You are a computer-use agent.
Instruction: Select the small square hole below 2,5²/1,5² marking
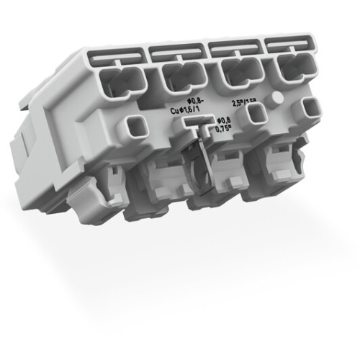256,114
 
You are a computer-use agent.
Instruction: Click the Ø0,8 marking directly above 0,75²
225,122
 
